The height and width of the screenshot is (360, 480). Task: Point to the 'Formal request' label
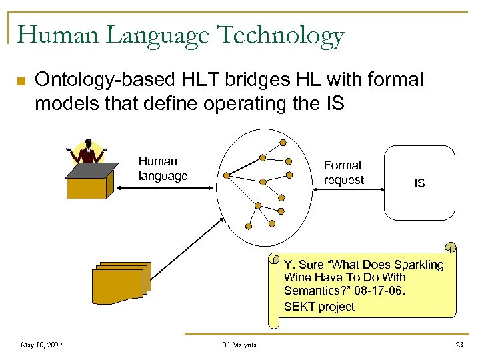point(343,173)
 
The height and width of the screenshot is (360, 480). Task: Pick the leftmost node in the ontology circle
point(227,177)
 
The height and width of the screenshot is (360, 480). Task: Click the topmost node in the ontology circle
point(283,142)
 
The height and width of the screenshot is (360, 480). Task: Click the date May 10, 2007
point(41,345)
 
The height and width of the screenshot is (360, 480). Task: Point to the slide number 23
point(458,345)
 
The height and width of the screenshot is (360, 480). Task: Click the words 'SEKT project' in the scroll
point(319,307)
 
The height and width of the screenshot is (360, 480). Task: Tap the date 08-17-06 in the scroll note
point(388,291)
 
